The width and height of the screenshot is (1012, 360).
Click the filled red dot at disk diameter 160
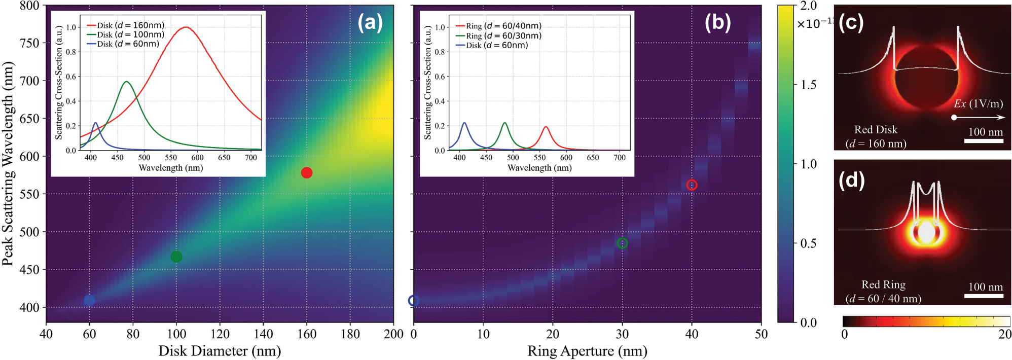(x=307, y=173)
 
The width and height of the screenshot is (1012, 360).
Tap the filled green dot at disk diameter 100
(x=176, y=257)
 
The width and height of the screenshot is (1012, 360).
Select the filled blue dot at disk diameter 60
(x=89, y=300)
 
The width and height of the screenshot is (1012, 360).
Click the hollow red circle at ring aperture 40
(x=692, y=185)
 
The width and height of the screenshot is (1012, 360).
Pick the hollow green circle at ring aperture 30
(x=622, y=243)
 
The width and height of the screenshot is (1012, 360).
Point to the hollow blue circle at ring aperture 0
(x=414, y=301)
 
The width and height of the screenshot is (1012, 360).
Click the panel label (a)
(x=370, y=23)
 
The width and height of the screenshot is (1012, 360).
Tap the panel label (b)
(x=717, y=23)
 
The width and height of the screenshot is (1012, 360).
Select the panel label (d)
(x=851, y=180)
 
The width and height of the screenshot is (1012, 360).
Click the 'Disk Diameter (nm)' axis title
(x=220, y=351)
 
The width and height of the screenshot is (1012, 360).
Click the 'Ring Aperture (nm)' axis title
(x=587, y=351)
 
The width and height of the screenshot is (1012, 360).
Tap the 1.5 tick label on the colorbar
(x=808, y=85)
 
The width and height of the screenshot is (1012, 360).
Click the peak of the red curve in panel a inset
(x=186, y=27)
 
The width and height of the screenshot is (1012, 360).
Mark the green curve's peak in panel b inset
(x=504, y=123)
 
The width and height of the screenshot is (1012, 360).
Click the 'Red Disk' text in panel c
(x=876, y=130)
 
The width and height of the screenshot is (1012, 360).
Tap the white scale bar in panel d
(x=983, y=296)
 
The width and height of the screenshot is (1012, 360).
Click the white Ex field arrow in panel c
(x=979, y=118)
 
